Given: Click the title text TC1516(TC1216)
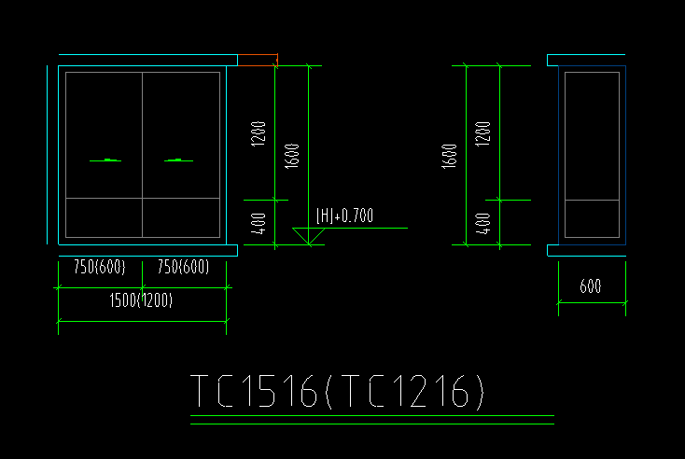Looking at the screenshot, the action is click(x=337, y=391).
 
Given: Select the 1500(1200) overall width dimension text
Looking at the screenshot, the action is click(x=141, y=300).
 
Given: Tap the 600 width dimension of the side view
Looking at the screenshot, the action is click(x=591, y=286).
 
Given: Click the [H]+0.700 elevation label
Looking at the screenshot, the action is click(x=344, y=216).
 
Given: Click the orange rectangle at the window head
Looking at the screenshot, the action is click(x=258, y=60).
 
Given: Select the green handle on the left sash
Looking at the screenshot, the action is click(x=105, y=160).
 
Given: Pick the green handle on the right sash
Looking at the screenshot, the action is click(x=178, y=160).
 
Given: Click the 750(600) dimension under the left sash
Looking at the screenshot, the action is click(x=100, y=267).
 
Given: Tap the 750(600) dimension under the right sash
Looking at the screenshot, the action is click(x=184, y=267).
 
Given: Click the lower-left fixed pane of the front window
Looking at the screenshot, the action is click(x=104, y=218).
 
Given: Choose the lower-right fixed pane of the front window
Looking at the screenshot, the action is click(x=181, y=218).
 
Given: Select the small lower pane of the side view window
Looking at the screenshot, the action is click(x=592, y=219).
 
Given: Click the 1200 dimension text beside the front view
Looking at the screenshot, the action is click(x=259, y=133).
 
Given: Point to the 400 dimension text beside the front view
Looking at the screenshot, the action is click(x=259, y=224).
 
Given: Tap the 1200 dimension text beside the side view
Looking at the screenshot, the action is click(x=482, y=133).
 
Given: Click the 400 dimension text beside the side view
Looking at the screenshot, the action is click(x=482, y=224).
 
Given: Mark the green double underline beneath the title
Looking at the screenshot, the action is click(x=372, y=420).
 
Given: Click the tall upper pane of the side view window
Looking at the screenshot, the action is click(x=592, y=136).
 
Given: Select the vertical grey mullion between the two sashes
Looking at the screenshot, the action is click(x=143, y=155).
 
